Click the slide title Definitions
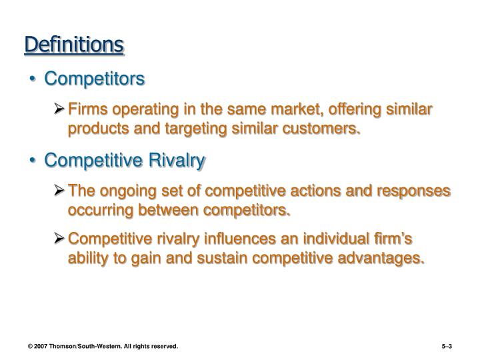coord(74,45)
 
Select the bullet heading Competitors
coord(94,79)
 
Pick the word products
coord(97,128)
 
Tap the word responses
coord(413,191)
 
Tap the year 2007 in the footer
coord(42,346)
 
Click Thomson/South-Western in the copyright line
coord(89,346)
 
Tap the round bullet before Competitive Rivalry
coord(34,161)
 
